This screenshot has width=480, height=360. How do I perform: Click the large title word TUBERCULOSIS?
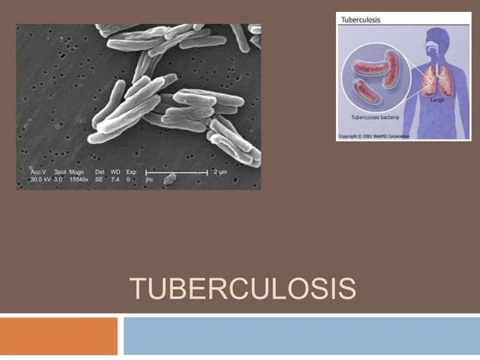tap(243, 289)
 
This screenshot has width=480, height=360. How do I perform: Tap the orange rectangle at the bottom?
tap(58, 336)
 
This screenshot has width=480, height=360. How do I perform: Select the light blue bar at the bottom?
tap(301, 336)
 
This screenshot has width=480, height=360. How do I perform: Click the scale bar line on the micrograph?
tap(176, 172)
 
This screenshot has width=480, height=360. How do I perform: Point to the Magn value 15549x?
tap(80, 180)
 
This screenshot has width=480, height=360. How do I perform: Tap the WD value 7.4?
tap(116, 180)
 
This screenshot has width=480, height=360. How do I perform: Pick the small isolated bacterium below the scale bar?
tap(170, 179)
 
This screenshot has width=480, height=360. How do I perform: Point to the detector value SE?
tap(99, 180)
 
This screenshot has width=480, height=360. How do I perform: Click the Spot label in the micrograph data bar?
tap(60, 172)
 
